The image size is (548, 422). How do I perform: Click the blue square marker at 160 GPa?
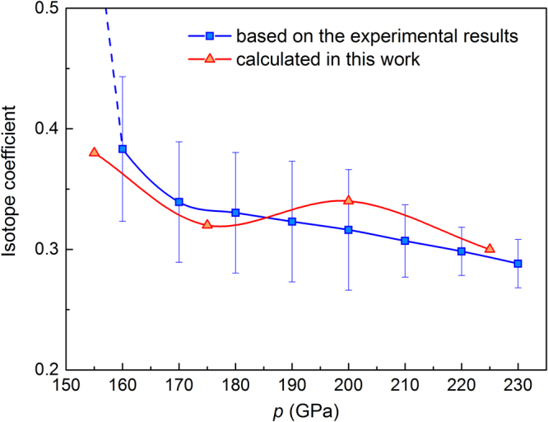(x=123, y=149)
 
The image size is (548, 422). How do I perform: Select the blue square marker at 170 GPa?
(x=179, y=202)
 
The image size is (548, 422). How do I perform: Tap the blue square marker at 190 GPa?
(x=292, y=222)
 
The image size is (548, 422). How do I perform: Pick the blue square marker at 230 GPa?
(x=518, y=264)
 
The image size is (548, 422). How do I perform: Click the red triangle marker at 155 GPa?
(x=94, y=152)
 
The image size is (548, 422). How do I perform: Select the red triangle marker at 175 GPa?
(x=207, y=224)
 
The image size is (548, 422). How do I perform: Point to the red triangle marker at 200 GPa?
(x=348, y=200)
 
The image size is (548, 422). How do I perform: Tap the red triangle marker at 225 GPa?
(x=490, y=248)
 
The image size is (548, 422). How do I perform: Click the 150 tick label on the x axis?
(x=66, y=385)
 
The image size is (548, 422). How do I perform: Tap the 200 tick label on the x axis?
(x=348, y=385)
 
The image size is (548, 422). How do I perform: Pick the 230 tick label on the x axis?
(x=518, y=385)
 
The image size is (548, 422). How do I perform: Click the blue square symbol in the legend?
(x=210, y=36)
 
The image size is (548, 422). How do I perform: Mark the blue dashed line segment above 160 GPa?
(x=114, y=74)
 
